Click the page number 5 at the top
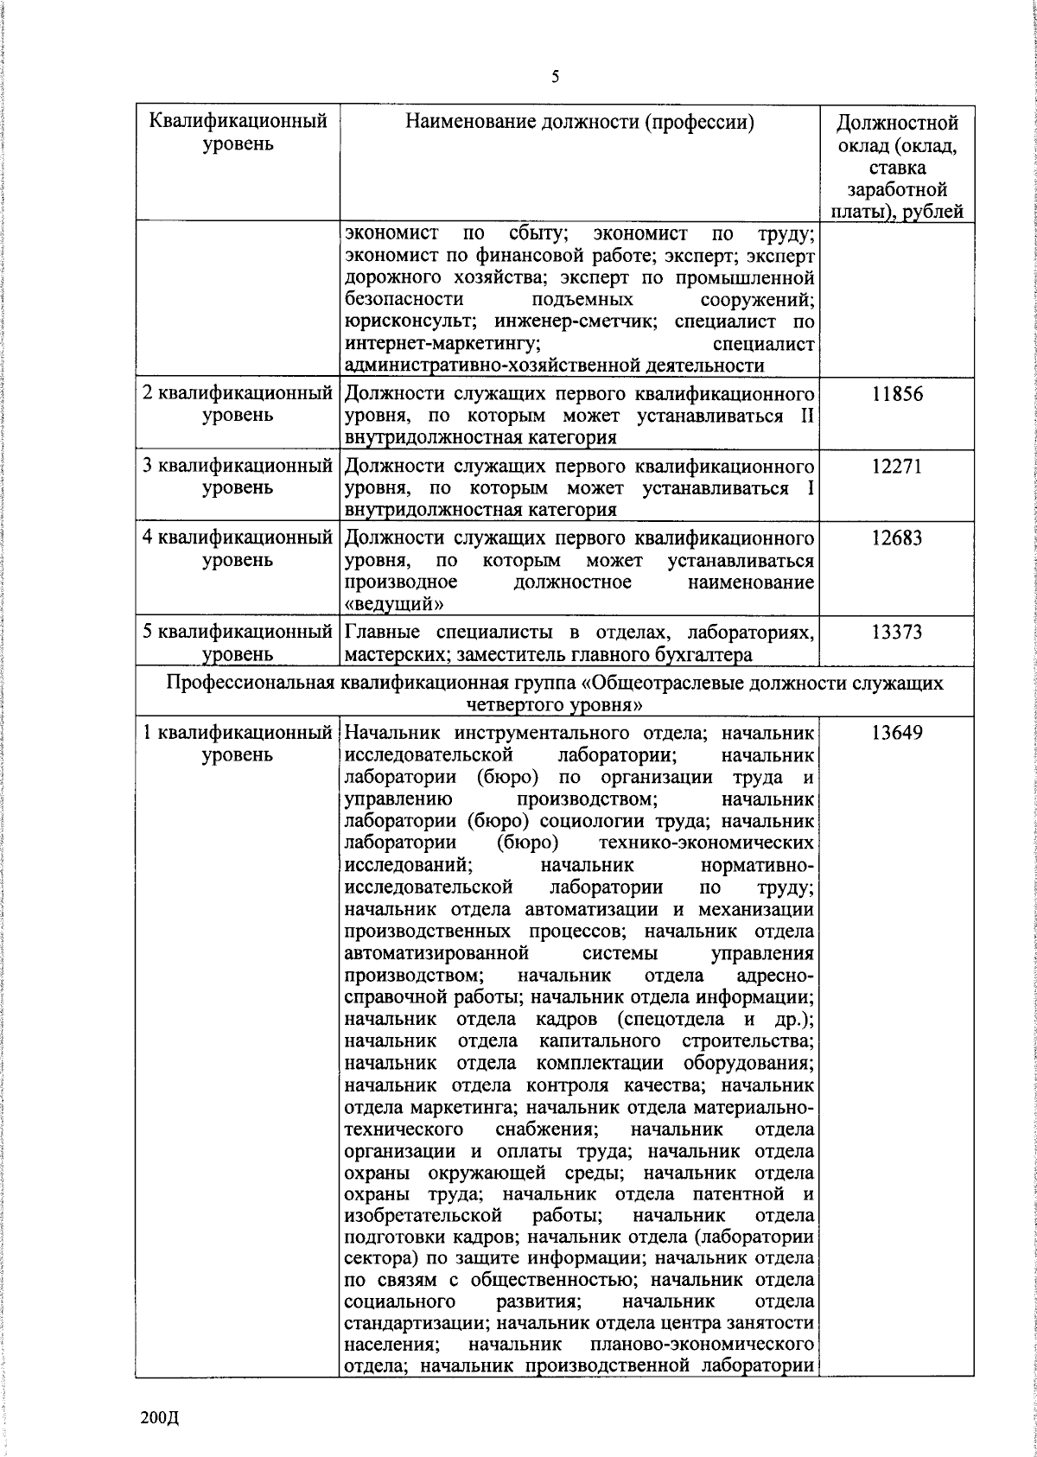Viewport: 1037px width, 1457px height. click(x=556, y=77)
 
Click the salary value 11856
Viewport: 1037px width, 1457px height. click(x=896, y=394)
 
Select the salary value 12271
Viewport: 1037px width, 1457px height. click(x=896, y=467)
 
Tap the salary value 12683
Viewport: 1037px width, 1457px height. click(x=896, y=538)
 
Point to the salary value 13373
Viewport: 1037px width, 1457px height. click(x=896, y=633)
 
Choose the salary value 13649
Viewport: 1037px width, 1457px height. click(x=896, y=734)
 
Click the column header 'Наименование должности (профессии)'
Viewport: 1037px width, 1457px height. click(x=580, y=122)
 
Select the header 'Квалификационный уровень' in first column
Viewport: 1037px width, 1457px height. click(x=239, y=131)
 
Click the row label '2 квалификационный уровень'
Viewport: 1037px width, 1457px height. click(x=239, y=404)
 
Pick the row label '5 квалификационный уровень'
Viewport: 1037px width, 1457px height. click(x=239, y=644)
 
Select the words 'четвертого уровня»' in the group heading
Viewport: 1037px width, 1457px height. click(x=554, y=705)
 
